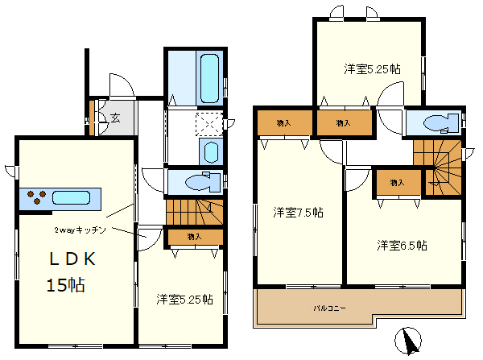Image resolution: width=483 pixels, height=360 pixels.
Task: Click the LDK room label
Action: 72,259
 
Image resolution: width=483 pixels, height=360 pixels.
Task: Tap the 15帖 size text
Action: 66,285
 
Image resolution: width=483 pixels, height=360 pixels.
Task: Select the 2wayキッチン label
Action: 80,230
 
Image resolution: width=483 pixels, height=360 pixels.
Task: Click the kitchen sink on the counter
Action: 71,197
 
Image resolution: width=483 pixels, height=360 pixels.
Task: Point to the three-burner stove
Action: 37,197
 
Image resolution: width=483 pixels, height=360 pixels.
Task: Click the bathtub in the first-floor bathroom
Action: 210,79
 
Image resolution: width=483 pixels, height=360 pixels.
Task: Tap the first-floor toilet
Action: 204,183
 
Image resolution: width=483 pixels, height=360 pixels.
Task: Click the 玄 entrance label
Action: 115,118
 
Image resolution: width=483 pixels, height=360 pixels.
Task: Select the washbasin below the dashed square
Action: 211,152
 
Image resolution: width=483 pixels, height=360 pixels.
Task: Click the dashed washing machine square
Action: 209,124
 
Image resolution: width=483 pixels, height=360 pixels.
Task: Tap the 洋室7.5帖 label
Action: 298,213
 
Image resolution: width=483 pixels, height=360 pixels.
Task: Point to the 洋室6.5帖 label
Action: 402,246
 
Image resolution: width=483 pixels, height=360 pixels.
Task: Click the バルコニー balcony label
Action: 329,308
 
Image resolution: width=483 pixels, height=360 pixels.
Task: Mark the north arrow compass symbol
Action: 408,341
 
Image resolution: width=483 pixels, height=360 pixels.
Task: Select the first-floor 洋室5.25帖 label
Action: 184,300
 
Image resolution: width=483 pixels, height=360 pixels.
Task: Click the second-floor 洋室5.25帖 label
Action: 372,69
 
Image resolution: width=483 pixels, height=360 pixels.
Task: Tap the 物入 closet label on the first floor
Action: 194,237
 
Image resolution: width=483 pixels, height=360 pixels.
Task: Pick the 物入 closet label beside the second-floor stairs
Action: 397,183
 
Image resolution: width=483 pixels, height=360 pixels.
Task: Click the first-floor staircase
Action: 194,213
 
